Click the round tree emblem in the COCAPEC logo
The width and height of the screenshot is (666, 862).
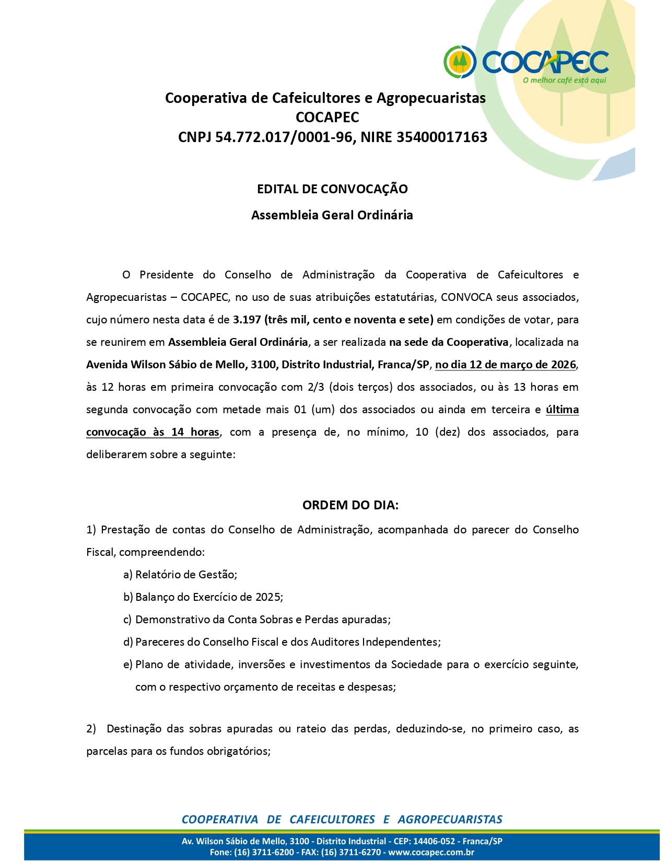(460, 62)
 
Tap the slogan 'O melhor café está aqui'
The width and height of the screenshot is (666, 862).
(564, 80)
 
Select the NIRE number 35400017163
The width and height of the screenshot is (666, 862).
(441, 137)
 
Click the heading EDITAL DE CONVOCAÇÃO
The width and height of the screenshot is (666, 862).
(332, 189)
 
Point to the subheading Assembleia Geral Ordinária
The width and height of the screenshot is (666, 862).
(332, 215)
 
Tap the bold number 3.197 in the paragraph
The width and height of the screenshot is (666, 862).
(247, 320)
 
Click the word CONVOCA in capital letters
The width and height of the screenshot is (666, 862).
(466, 297)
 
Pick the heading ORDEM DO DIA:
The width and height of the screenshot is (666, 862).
(350, 505)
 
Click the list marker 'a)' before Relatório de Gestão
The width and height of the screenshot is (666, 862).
(128, 575)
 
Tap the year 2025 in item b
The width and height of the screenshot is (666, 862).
(268, 597)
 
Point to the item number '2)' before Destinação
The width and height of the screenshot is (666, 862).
(91, 729)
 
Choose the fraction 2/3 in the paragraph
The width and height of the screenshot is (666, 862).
(316, 387)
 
